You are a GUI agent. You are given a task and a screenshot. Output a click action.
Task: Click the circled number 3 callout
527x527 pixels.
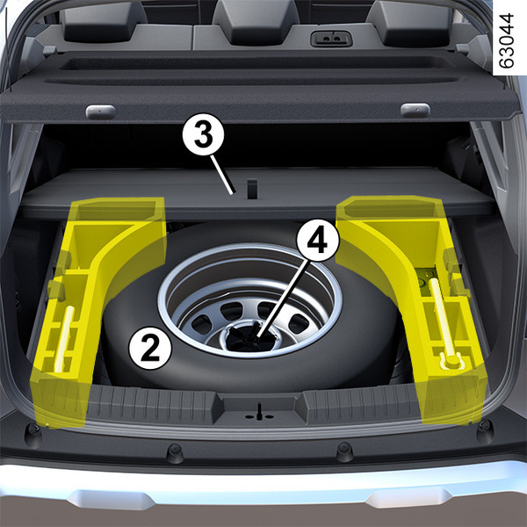[203, 134]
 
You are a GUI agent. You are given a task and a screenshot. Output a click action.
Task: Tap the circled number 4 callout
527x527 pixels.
[318, 241]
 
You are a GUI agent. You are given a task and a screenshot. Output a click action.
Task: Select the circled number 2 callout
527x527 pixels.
[150, 348]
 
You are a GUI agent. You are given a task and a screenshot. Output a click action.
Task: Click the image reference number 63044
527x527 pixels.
[506, 40]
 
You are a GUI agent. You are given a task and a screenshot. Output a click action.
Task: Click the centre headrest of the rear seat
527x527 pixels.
[256, 22]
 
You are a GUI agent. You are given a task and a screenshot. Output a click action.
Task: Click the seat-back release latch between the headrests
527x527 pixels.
[331, 39]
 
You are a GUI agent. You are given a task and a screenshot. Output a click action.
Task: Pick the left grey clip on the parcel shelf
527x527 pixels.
[100, 112]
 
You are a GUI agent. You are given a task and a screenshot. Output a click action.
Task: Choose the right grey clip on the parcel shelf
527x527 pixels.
[415, 111]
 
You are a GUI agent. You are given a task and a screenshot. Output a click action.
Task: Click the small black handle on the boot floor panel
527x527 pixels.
[252, 189]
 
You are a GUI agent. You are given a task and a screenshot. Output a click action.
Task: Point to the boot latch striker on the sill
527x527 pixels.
[259, 413]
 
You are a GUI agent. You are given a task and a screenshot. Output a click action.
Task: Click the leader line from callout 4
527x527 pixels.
[282, 300]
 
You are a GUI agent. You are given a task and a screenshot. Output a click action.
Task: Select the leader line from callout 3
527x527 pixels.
[221, 175]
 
